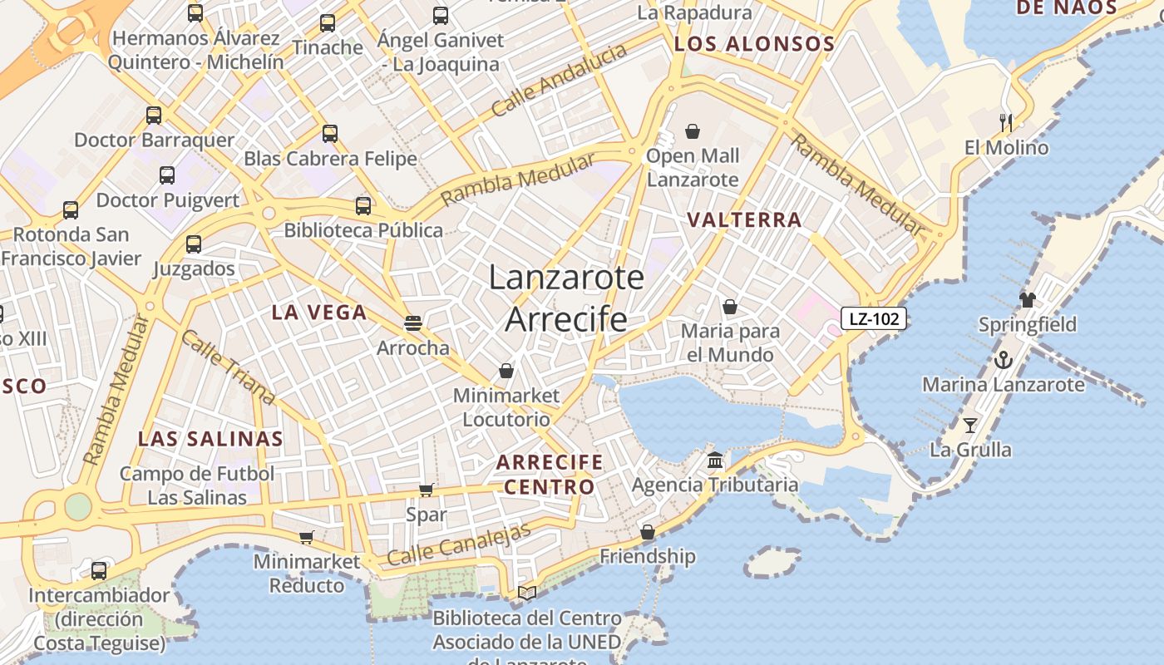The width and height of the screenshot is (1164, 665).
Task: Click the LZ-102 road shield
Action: (x=873, y=318)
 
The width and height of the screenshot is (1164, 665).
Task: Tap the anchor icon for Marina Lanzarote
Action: (x=1004, y=361)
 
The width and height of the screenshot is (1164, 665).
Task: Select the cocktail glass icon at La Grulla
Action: (x=970, y=426)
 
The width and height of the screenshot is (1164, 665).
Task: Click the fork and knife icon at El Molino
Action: (x=1006, y=123)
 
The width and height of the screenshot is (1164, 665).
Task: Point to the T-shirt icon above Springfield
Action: (x=1028, y=300)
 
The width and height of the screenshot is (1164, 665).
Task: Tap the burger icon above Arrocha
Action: (x=413, y=323)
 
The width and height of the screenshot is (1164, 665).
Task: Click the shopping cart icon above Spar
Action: (x=427, y=490)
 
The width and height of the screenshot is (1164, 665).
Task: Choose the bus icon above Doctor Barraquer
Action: (x=154, y=116)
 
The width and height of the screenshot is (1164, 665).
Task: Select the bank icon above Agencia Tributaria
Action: (x=715, y=461)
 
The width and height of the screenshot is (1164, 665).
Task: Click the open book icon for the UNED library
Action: (x=527, y=593)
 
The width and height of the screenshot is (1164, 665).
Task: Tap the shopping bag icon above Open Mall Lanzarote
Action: (x=693, y=131)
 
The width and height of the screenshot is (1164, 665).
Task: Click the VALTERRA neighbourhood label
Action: (x=745, y=220)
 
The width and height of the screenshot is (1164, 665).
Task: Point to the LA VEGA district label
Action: (x=319, y=313)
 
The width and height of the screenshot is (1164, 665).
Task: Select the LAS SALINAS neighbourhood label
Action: (x=210, y=439)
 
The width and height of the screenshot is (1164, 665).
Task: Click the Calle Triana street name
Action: (x=228, y=367)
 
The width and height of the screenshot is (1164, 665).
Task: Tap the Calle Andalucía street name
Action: (x=559, y=81)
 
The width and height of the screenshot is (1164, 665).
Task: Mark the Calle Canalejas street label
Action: (x=459, y=545)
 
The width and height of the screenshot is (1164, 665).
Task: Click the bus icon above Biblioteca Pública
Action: (x=363, y=206)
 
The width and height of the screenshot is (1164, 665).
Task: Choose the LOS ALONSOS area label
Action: (x=754, y=44)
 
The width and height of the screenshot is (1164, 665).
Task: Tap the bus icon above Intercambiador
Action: (x=99, y=571)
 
